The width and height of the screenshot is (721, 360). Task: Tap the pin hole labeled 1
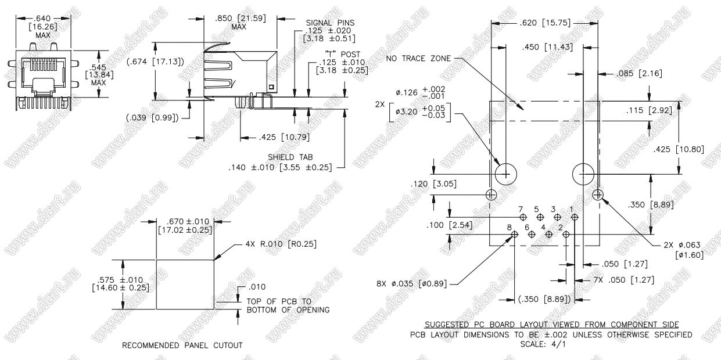point(575,217)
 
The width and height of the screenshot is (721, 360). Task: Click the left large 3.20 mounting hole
point(505,174)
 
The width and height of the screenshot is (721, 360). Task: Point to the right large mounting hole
point(583,174)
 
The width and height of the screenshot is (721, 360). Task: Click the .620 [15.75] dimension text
point(537,23)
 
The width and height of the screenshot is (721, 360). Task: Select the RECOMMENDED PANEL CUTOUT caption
point(182,345)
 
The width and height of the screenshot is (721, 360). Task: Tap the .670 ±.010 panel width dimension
point(185,225)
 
